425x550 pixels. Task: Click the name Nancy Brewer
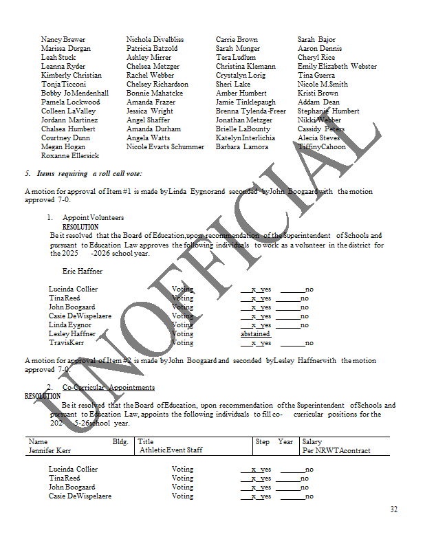[63, 40]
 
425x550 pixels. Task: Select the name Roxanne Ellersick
[70, 156]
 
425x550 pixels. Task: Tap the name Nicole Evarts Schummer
[165, 147]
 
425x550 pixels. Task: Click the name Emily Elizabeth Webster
[337, 67]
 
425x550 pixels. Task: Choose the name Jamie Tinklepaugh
[246, 102]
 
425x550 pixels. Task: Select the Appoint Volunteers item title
[93, 218]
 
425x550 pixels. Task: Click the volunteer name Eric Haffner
[83, 272]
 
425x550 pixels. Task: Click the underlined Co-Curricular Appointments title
[108, 388]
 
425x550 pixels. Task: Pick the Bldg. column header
[120, 442]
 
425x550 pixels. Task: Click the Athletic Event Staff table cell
[171, 450]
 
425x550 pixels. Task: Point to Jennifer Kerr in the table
[50, 450]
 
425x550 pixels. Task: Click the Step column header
[263, 442]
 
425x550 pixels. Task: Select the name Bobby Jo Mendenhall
[75, 93]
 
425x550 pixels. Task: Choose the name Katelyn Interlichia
[245, 138]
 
